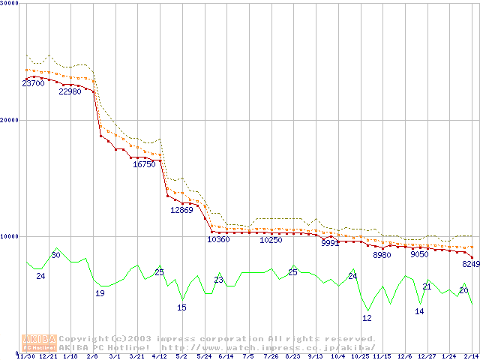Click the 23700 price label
tap(33, 83)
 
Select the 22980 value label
tap(70, 91)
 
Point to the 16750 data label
tap(144, 164)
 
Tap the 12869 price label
tap(181, 210)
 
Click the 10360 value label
tap(218, 240)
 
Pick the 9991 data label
tap(330, 244)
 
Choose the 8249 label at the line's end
tap(470, 264)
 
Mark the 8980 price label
tap(382, 256)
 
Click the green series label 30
tap(55, 256)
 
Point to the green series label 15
tap(181, 307)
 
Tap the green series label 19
tap(100, 293)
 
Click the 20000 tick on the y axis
tap(10, 120)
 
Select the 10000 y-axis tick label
tap(10, 236)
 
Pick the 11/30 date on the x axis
tap(25, 357)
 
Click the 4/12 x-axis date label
tap(159, 357)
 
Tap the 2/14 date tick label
tap(471, 357)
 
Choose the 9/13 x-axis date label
tap(315, 357)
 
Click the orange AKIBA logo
tap(39, 342)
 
